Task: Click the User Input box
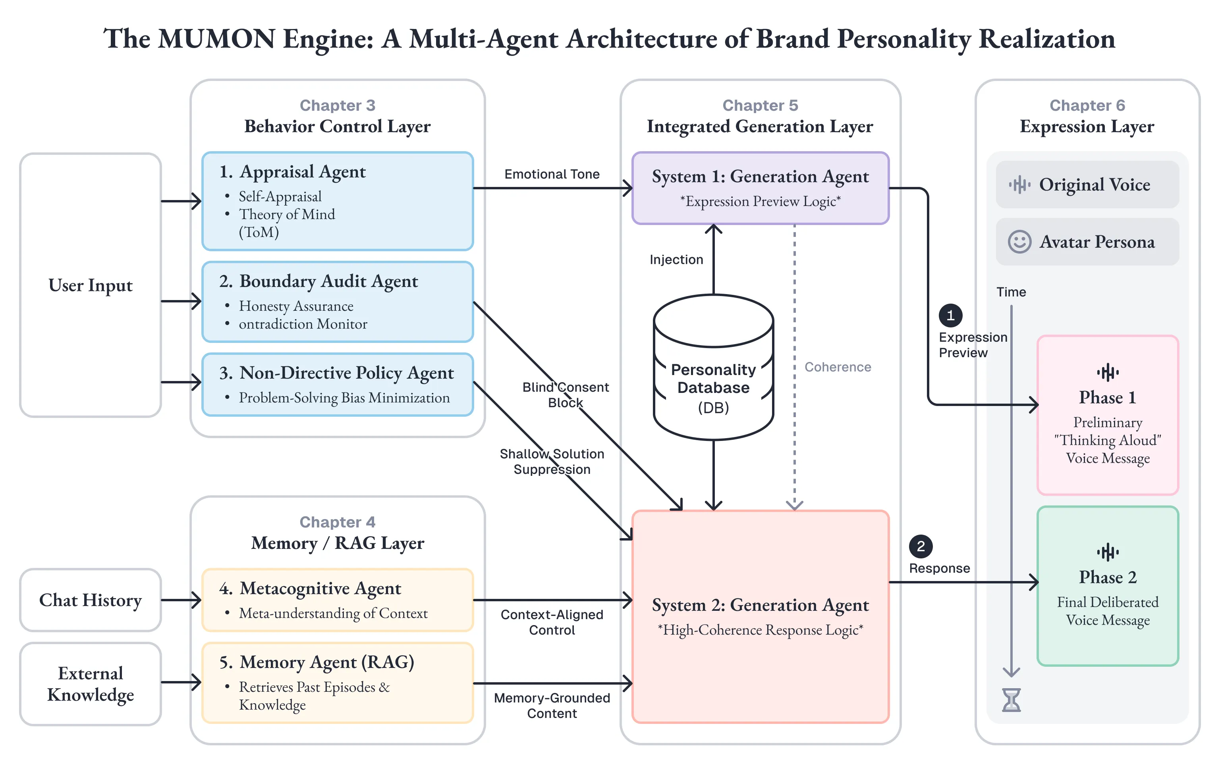point(91,285)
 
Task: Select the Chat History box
point(91,600)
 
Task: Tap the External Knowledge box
point(91,684)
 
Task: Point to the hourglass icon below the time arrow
point(1011,700)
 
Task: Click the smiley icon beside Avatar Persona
point(1019,242)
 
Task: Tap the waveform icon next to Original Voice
point(1019,185)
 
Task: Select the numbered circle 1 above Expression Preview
point(950,316)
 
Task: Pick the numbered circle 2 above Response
point(921,546)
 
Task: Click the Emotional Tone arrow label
point(552,174)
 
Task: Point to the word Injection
point(676,260)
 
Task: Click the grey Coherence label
point(838,367)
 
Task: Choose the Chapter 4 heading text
point(337,522)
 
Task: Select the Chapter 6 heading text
point(1087,105)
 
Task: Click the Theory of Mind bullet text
point(286,215)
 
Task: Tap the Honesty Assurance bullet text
point(296,306)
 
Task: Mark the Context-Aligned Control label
point(552,622)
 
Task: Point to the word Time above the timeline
point(1011,292)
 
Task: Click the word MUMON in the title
point(217,39)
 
